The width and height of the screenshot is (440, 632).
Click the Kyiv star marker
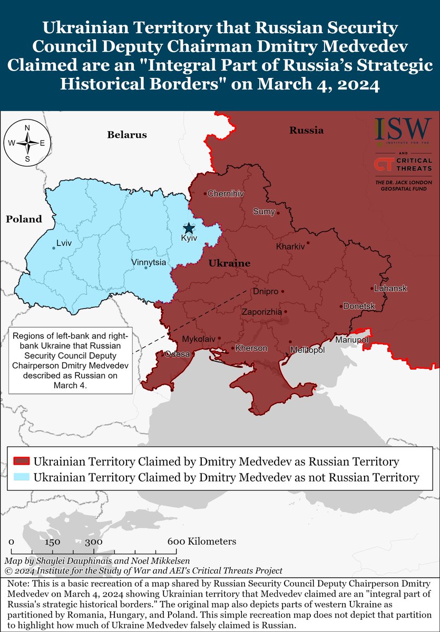(188, 228)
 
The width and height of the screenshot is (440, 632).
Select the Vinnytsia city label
(150, 262)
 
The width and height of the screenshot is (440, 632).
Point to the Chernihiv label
(226, 194)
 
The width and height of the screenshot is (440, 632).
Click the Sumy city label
(264, 212)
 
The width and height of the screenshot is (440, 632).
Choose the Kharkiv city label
(290, 246)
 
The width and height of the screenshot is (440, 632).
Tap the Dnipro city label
(265, 291)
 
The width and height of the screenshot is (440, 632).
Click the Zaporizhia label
(261, 312)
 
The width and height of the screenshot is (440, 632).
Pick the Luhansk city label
(390, 289)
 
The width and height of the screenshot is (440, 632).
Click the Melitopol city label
(307, 350)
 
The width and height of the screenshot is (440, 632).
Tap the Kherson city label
(251, 349)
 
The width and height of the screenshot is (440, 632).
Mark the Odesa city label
(177, 354)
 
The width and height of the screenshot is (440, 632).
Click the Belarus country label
(127, 135)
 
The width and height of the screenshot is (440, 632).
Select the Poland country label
(24, 219)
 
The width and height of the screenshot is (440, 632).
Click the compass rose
(27, 143)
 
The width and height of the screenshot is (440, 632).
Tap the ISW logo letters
(403, 130)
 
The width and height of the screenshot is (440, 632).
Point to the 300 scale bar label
(93, 541)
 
